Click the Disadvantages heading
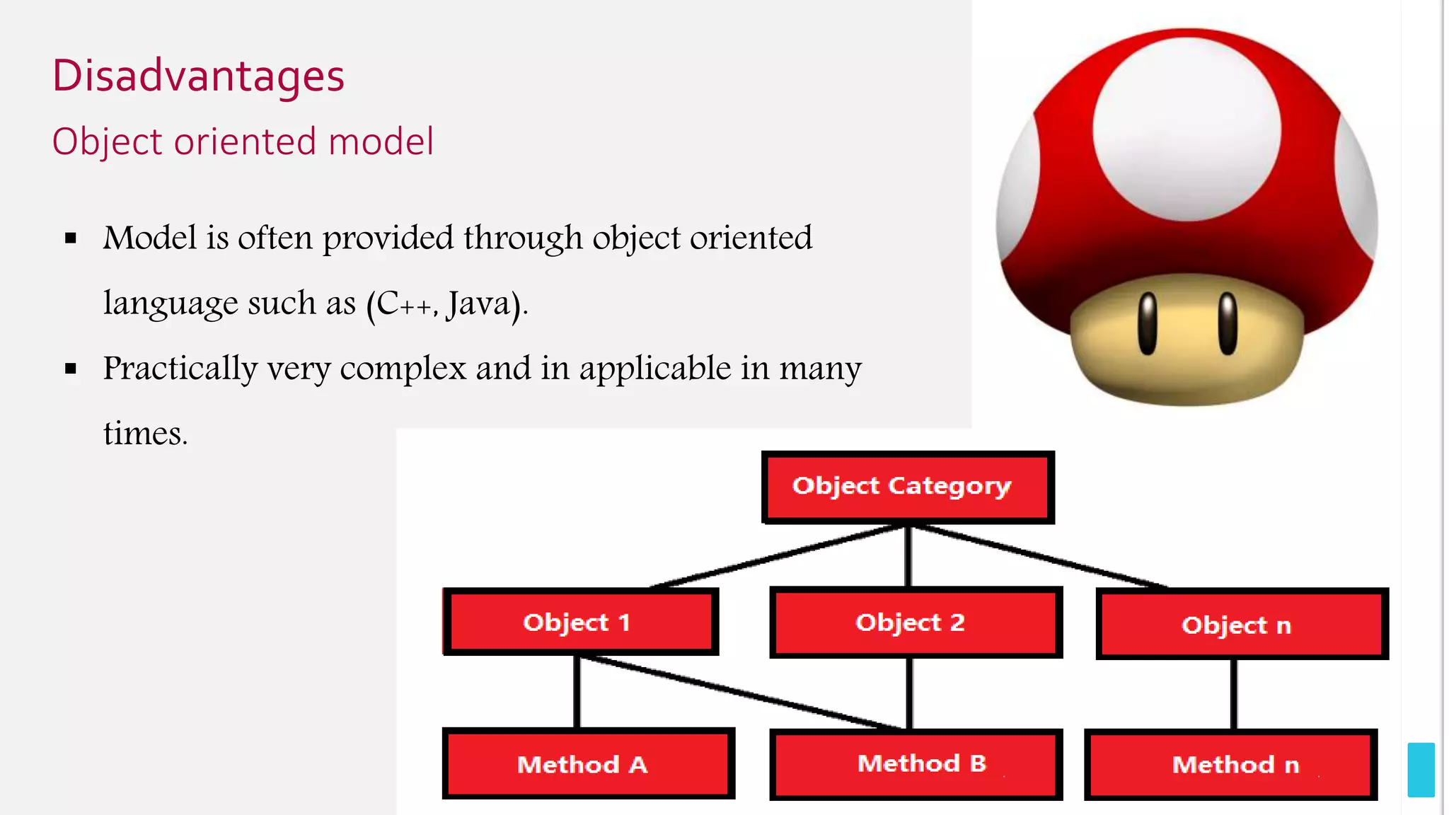coord(198,76)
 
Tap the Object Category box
coord(908,487)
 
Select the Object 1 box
coord(580,623)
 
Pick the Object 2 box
coord(916,623)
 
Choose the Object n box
coord(1242,625)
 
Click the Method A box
coord(587,764)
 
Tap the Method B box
coord(916,764)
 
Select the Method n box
coord(1231,765)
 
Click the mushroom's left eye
coord(1147,323)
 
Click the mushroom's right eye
coord(1228,323)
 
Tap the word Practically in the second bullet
coord(180,369)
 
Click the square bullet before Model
coord(71,239)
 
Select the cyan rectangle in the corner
coord(1421,770)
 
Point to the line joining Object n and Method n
coord(1234,693)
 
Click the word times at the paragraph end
coord(144,434)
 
